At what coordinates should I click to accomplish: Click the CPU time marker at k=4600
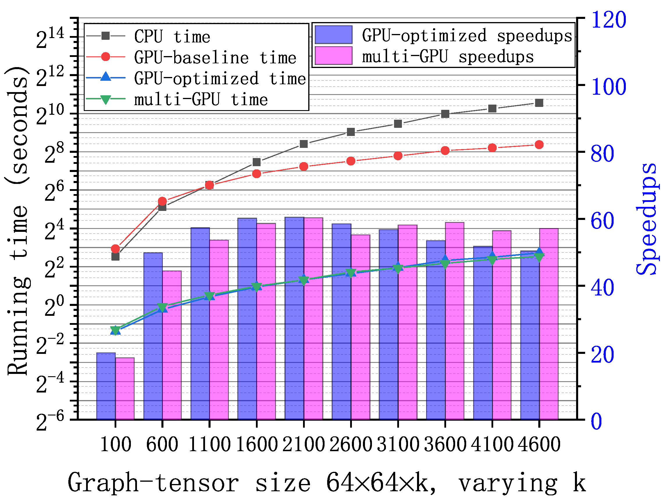[539, 103]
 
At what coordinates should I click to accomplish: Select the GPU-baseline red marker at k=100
[115, 249]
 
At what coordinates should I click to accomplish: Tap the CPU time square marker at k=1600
[257, 162]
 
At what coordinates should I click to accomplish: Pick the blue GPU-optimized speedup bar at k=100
[106, 386]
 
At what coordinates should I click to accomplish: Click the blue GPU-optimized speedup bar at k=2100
[294, 318]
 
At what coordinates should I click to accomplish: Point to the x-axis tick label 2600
[351, 444]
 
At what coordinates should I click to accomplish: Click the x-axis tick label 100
[115, 444]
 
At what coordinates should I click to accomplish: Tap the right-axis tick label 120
[608, 21]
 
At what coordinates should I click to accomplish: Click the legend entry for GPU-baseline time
[215, 57]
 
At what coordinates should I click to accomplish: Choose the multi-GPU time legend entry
[201, 100]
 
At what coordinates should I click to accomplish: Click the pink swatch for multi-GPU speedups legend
[333, 56]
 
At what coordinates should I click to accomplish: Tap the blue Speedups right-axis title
[646, 219]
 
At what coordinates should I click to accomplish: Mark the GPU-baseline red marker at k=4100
[492, 148]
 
